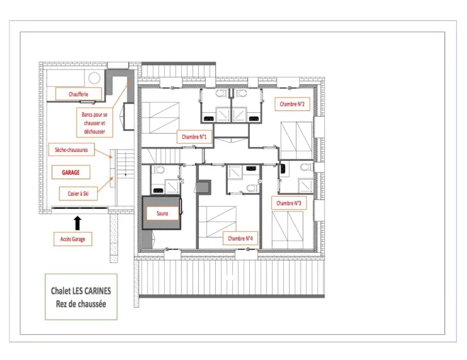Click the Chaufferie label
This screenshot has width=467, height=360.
point(79,94)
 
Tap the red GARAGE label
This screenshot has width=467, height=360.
point(71,172)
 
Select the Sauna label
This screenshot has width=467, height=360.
point(162,213)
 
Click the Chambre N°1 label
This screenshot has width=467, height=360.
point(194,137)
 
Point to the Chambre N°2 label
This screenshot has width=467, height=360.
point(292,104)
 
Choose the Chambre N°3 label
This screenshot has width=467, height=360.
point(289,203)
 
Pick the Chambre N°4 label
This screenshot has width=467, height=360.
point(240,238)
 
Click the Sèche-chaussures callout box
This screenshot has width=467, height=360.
point(71,149)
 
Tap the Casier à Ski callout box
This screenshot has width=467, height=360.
point(78,194)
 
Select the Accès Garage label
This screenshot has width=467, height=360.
point(73,239)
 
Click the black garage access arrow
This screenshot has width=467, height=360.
point(78,223)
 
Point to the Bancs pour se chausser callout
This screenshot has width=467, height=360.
point(95,122)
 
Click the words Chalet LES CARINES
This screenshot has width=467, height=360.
point(81,291)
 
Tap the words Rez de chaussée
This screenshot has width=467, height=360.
point(81,304)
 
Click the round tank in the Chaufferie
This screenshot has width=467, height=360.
point(94,78)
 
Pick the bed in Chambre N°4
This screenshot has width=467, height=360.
point(218,222)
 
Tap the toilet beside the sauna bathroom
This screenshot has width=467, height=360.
point(159,170)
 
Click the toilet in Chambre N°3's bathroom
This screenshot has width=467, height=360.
point(306,167)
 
